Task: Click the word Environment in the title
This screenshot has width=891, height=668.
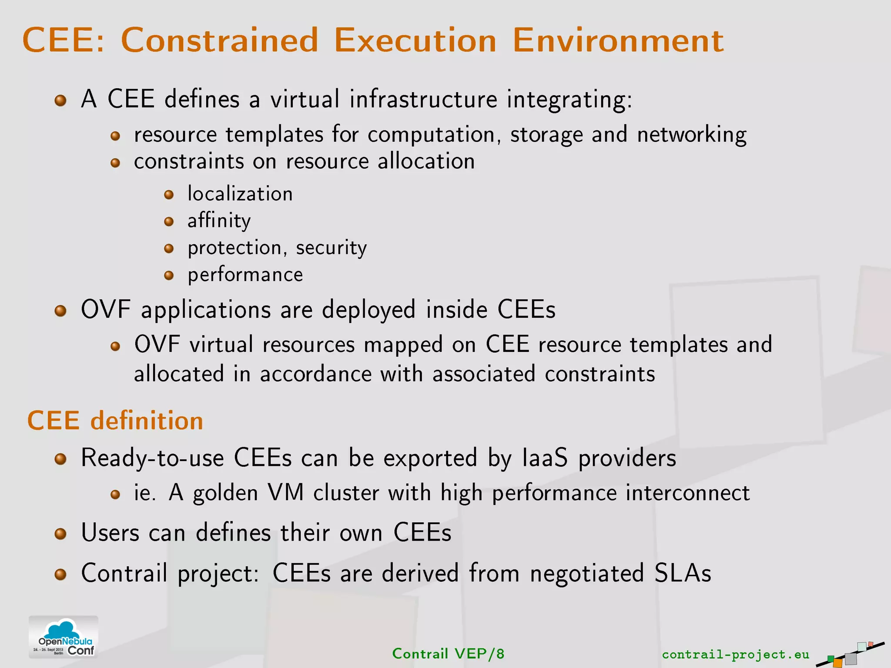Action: [x=618, y=40]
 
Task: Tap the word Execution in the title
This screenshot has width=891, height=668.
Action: [x=415, y=40]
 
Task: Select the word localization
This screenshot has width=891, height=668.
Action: [x=240, y=194]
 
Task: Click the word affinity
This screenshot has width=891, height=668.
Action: [x=219, y=221]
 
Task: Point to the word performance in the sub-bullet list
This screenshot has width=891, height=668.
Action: [x=245, y=275]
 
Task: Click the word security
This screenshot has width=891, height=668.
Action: [x=331, y=248]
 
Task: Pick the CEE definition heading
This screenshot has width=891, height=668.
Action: [x=115, y=421]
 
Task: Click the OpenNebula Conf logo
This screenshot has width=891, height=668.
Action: [x=64, y=637]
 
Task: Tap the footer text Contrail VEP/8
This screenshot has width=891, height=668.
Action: [x=448, y=654]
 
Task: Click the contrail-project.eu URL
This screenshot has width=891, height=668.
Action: [x=735, y=654]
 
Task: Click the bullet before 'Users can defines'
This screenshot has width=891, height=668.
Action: [x=60, y=534]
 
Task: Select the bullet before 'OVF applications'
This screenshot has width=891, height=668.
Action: [x=60, y=311]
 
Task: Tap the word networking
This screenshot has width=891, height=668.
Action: [x=692, y=135]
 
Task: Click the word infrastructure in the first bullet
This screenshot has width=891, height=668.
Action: [x=423, y=99]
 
